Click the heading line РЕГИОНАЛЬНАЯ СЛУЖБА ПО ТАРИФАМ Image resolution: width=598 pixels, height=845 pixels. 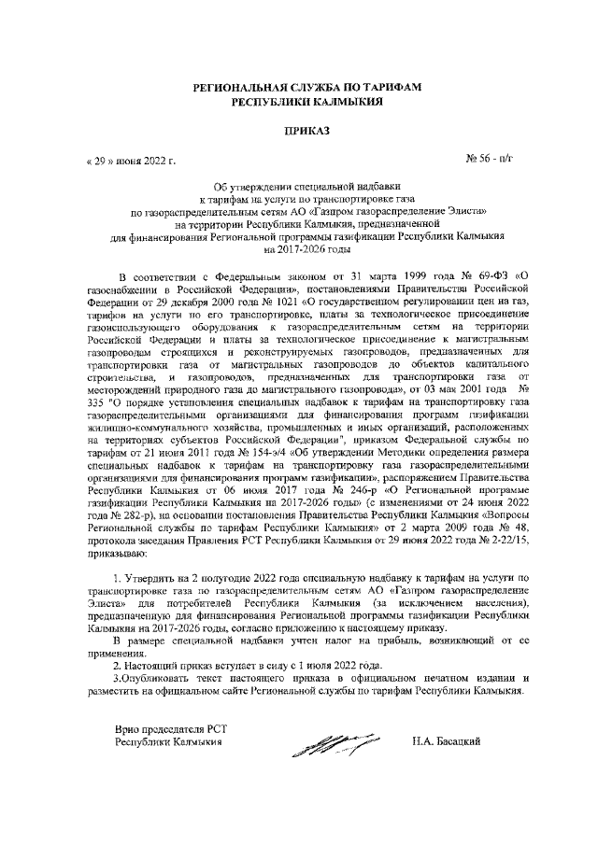(307, 87)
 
